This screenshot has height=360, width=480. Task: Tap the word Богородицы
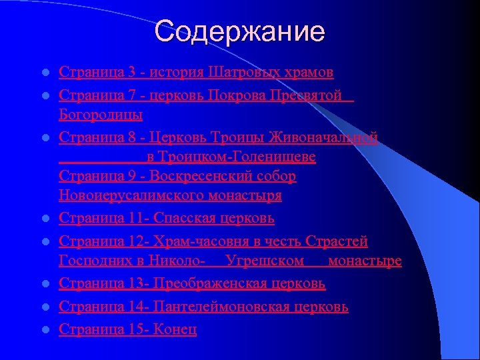pyautogui.click(x=100, y=115)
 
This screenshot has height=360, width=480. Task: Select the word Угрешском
pyautogui.click(x=265, y=260)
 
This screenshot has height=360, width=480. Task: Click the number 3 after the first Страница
pyautogui.click(x=133, y=71)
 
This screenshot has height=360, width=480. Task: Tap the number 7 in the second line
pyautogui.click(x=133, y=94)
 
